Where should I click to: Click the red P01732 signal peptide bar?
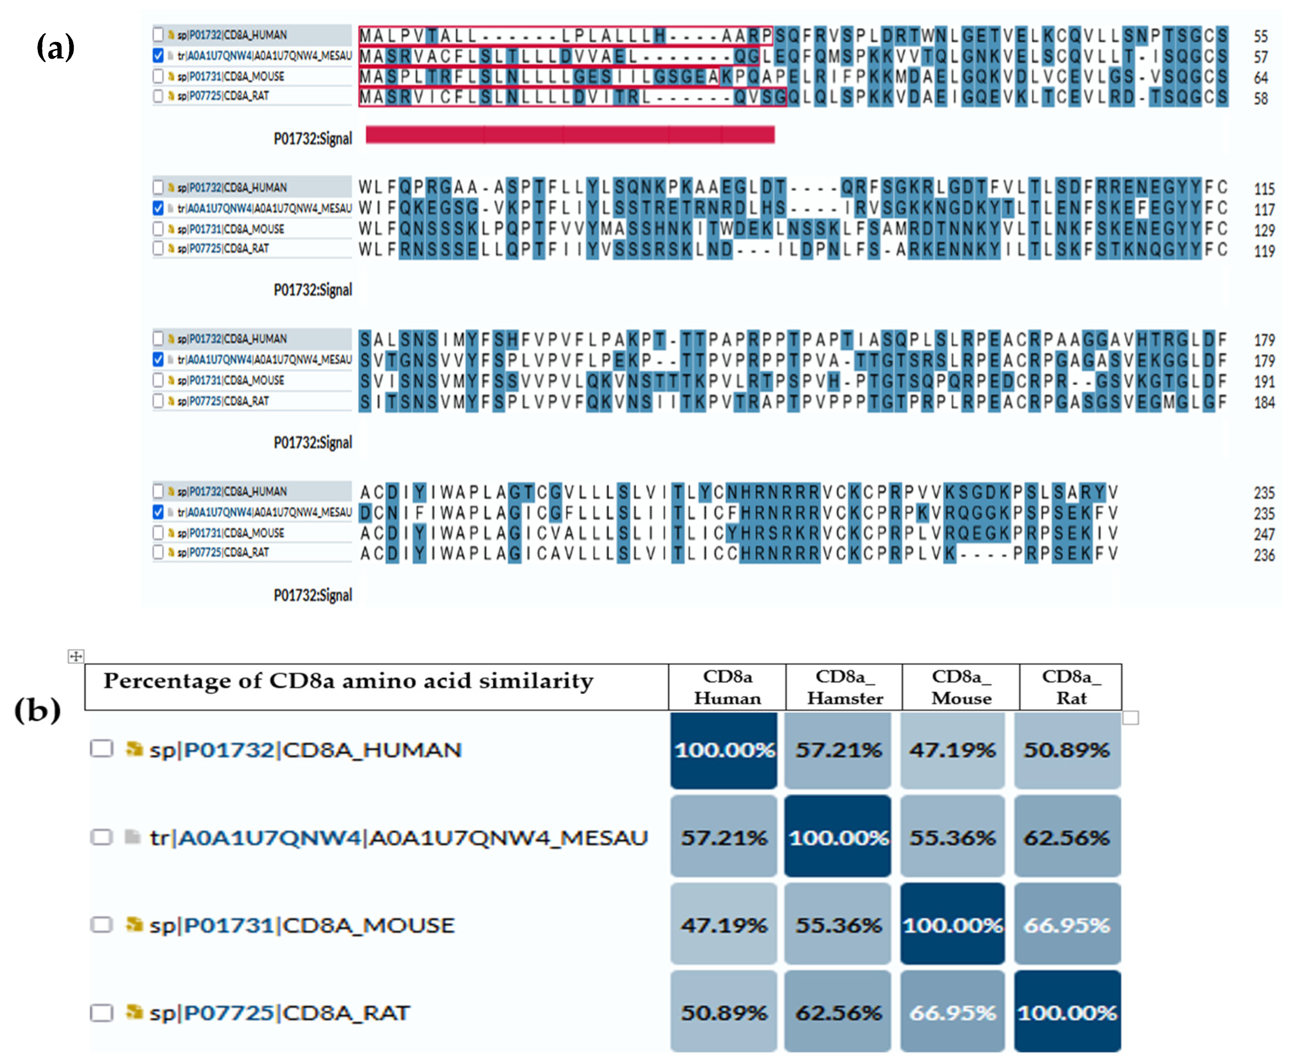pyautogui.click(x=570, y=135)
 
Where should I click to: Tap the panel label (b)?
pyautogui.click(x=38, y=710)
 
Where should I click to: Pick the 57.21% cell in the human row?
pyautogui.click(x=838, y=750)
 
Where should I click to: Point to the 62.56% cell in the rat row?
pyautogui.click(x=838, y=1013)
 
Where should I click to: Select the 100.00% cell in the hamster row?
pyautogui.click(x=838, y=837)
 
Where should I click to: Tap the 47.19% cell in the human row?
pyautogui.click(x=952, y=750)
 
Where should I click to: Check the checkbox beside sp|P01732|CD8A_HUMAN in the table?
pyautogui.click(x=102, y=749)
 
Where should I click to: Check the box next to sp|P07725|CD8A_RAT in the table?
pyautogui.click(x=102, y=1013)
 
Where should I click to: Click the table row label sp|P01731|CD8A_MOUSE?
pyautogui.click(x=301, y=925)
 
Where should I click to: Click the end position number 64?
pyautogui.click(x=1260, y=78)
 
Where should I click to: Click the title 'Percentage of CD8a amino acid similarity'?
pyautogui.click(x=348, y=681)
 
